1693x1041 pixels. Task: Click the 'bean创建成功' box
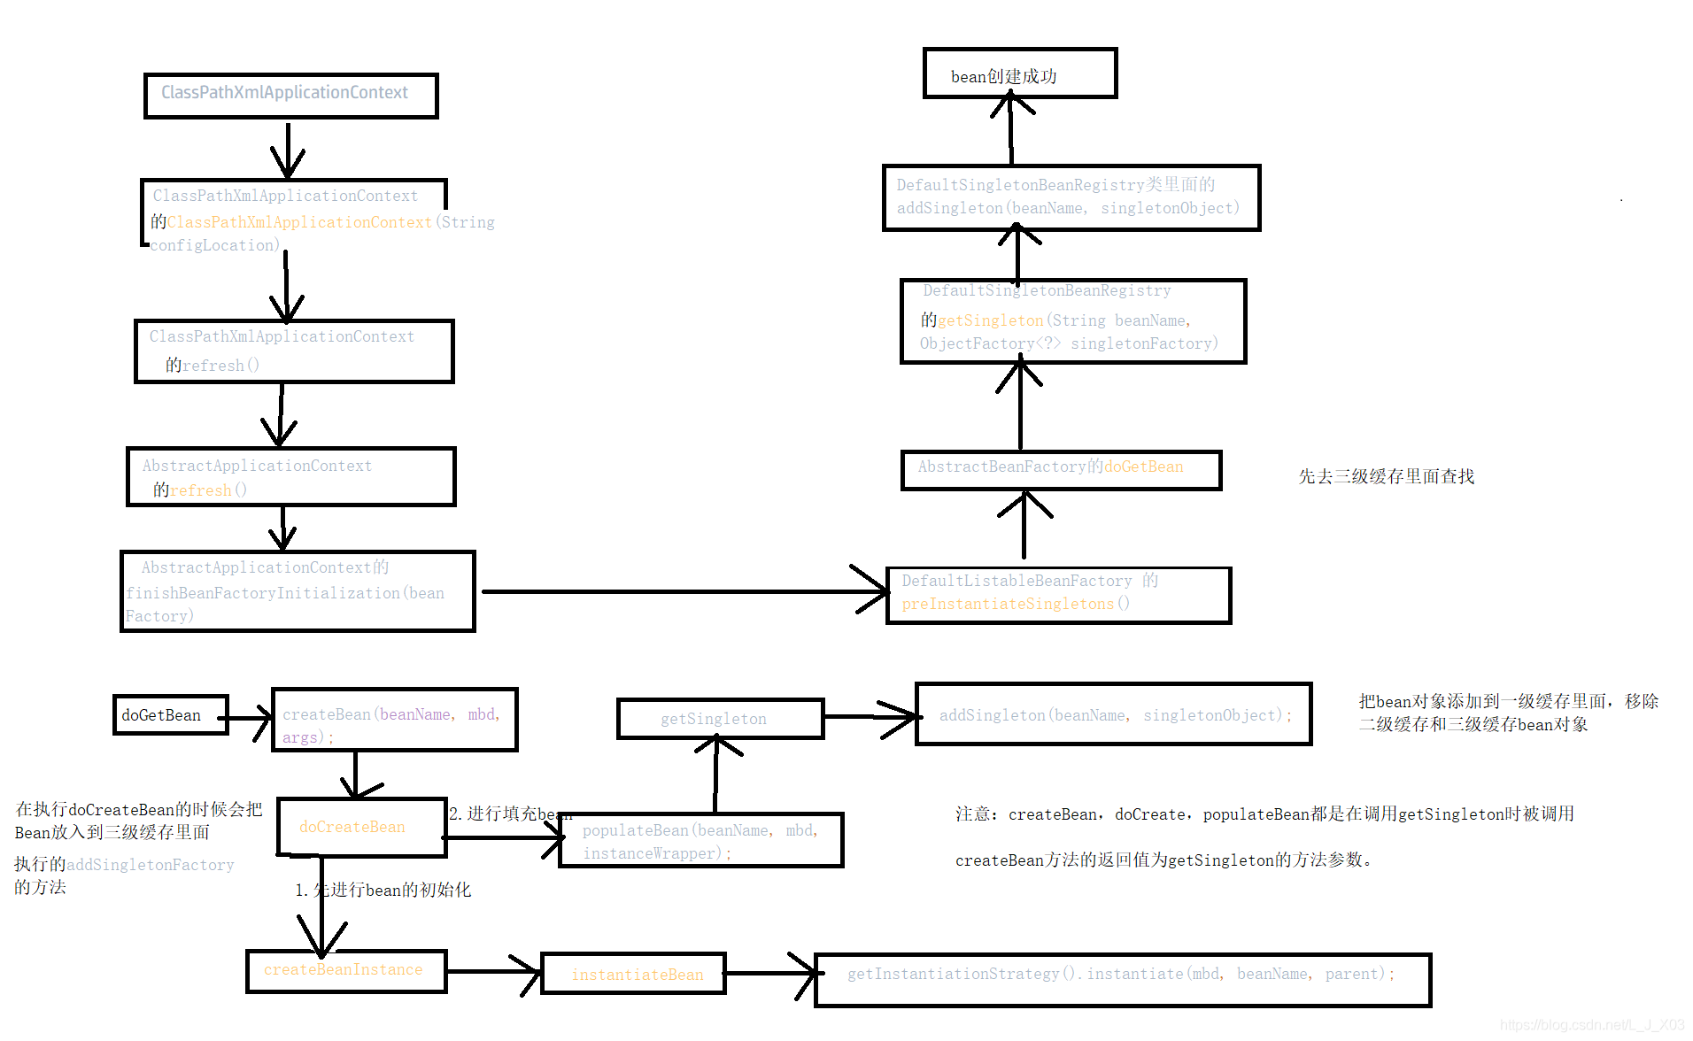tap(1019, 73)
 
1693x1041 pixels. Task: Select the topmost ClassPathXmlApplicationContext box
tap(290, 95)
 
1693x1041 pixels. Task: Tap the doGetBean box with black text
tap(170, 715)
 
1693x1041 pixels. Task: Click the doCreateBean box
tap(361, 827)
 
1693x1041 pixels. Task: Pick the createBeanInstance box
tap(345, 970)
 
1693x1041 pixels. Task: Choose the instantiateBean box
tap(633, 974)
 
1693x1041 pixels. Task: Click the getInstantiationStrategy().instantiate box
tap(1121, 979)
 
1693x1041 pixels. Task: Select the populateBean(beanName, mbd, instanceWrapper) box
tap(700, 840)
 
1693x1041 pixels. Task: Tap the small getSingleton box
tap(719, 719)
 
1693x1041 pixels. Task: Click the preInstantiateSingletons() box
tap(1058, 595)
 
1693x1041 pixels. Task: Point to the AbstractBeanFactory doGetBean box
tap(1060, 469)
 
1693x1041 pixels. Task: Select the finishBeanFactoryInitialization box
tap(298, 591)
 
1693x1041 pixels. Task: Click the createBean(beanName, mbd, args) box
tap(394, 721)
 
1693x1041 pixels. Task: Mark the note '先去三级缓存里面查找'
tap(1386, 476)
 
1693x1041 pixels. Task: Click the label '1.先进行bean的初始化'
tap(383, 890)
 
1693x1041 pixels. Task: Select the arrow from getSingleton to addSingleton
tap(868, 716)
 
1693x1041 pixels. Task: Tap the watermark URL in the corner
tap(1591, 1025)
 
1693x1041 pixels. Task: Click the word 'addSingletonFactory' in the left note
tap(151, 865)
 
